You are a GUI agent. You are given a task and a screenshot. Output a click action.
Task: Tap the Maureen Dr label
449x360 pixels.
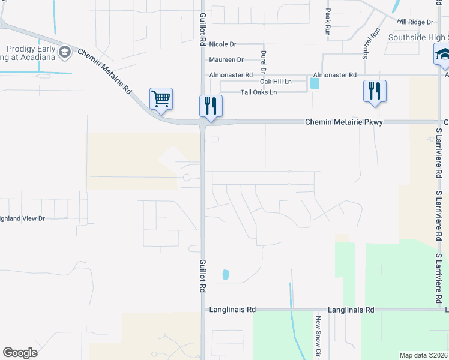tap(226, 60)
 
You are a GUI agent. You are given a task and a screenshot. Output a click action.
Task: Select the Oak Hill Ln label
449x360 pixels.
tap(275, 82)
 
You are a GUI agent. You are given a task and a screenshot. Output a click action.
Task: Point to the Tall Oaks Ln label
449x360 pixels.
tap(258, 92)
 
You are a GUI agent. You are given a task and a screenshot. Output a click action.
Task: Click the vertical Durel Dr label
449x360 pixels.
tap(263, 61)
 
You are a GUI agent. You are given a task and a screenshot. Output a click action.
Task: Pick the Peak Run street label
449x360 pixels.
tap(328, 22)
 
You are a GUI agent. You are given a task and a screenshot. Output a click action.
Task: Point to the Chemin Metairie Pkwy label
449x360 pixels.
tap(343, 122)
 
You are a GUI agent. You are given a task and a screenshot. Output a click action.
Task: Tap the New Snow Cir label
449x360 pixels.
tap(318, 336)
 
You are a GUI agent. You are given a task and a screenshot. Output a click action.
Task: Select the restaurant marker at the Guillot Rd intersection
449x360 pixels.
tap(211, 106)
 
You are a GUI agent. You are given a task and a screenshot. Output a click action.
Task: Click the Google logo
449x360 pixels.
tap(20, 353)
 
